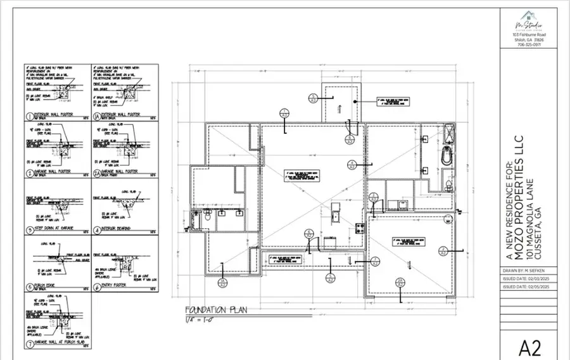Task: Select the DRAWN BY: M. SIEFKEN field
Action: click(x=523, y=270)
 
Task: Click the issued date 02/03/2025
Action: click(x=524, y=278)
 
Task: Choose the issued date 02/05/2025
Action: click(x=524, y=286)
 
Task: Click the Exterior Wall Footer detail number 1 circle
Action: click(x=29, y=116)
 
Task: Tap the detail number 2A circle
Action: click(x=96, y=171)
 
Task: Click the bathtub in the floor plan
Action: click(x=447, y=157)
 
